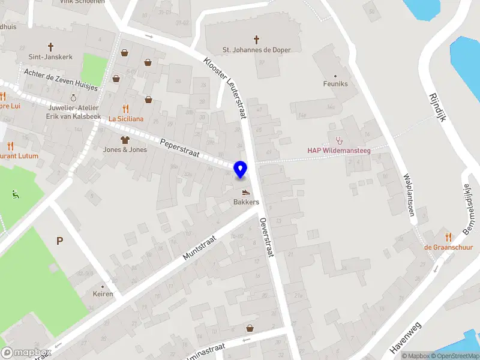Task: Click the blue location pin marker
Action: point(240,170)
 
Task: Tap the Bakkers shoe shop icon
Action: point(246,193)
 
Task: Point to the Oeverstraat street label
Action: point(267,237)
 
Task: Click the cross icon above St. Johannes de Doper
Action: point(256,40)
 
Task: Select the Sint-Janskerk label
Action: point(50,57)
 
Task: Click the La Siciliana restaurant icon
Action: point(125,109)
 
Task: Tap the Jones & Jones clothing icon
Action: point(125,139)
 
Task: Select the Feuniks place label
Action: point(335,84)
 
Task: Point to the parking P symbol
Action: point(59,241)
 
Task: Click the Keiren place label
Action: point(103,294)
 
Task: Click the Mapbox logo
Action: point(25,352)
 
